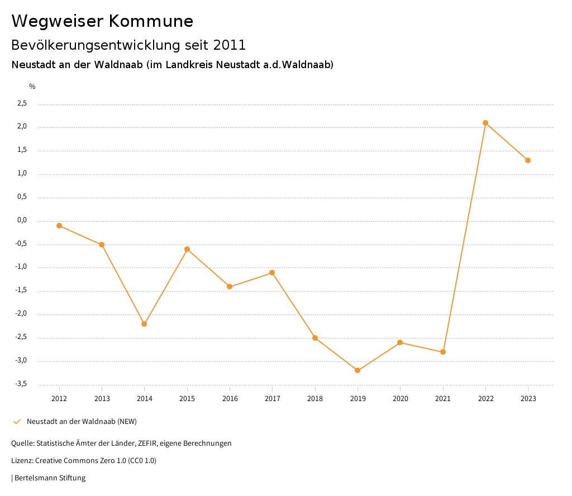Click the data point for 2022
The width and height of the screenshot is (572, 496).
click(485, 123)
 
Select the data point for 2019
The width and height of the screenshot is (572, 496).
click(357, 370)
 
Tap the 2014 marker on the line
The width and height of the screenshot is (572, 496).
click(144, 324)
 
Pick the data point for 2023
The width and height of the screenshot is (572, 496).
click(528, 160)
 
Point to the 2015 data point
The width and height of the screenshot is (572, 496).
click(187, 249)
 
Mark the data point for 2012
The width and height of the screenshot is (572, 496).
click(59, 226)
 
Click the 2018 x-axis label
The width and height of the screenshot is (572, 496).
click(315, 399)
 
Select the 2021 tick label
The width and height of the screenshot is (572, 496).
click(443, 399)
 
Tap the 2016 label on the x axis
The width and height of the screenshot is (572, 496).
click(230, 399)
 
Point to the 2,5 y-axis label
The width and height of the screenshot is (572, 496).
click(22, 103)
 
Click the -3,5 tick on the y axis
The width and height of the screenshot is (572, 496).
click(21, 384)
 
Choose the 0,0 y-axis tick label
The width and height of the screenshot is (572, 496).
click(22, 220)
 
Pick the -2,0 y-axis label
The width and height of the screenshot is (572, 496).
click(21, 314)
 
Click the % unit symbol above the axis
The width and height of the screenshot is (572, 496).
click(32, 87)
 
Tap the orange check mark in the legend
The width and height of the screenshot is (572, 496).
click(17, 421)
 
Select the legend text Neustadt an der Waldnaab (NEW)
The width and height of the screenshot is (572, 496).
click(82, 421)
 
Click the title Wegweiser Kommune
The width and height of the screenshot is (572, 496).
click(102, 21)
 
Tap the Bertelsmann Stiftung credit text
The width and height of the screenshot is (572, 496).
click(50, 478)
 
